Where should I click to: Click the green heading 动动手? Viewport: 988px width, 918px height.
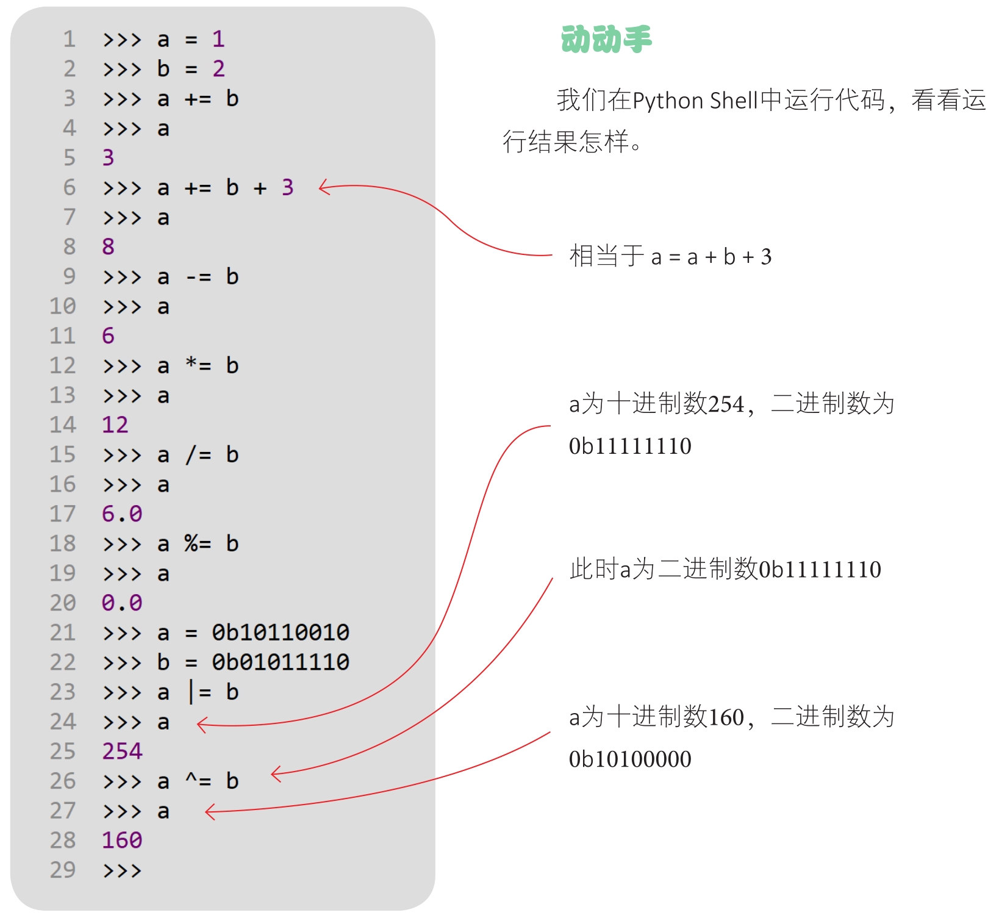point(606,39)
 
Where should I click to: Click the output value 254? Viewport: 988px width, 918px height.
point(122,751)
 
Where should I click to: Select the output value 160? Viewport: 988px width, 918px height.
point(122,840)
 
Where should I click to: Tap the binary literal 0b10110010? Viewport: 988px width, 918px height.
point(281,633)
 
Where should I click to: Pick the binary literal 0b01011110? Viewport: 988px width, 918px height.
point(281,662)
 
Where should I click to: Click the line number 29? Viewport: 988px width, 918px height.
point(63,870)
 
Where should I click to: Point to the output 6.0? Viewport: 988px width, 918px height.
point(122,514)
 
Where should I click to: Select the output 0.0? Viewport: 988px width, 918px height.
point(122,603)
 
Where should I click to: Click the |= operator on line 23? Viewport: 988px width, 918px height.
point(199,692)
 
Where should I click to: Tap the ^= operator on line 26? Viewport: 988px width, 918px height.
point(198,781)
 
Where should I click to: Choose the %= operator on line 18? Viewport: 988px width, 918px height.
point(198,543)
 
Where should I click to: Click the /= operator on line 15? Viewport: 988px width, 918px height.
point(198,454)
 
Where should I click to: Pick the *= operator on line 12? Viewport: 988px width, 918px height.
point(198,365)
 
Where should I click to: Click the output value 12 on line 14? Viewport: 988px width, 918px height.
point(115,425)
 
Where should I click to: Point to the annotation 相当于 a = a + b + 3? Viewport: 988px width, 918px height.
point(670,256)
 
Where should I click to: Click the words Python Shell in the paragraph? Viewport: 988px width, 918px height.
point(695,101)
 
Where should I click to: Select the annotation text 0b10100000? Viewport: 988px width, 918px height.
point(630,759)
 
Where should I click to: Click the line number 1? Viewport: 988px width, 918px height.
point(70,39)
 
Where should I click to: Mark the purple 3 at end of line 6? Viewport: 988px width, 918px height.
point(288,187)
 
